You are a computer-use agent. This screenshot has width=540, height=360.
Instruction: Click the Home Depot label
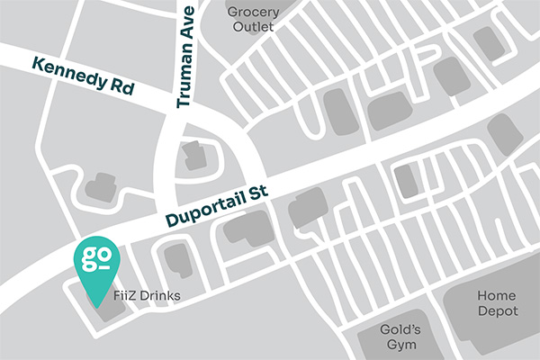coord(498,303)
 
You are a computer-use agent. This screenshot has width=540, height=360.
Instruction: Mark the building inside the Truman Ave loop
coord(193,157)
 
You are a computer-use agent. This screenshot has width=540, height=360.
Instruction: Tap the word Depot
coord(498,311)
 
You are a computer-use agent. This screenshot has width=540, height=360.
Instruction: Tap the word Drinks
coord(161,293)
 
